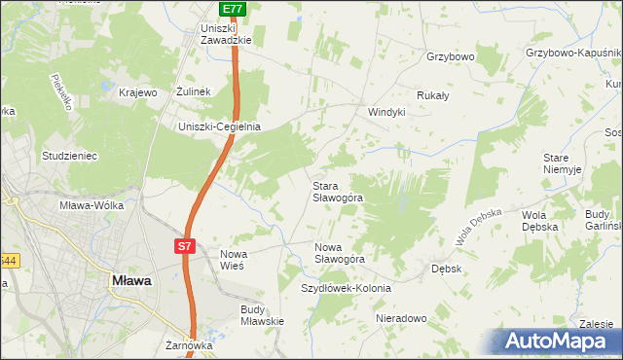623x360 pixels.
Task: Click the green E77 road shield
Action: tap(232, 9)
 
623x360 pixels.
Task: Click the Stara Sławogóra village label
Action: tap(337, 191)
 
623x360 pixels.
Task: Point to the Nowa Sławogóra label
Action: tap(339, 253)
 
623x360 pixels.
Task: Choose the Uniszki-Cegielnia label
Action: tap(219, 126)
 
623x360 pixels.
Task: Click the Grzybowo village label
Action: tap(450, 57)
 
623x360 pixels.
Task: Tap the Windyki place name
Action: tap(385, 112)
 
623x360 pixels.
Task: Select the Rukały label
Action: tap(432, 96)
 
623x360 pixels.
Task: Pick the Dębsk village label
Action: tap(445, 268)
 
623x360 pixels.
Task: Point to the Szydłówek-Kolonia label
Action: tap(346, 289)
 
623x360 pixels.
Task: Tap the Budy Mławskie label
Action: tap(261, 315)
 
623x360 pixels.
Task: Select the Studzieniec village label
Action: tap(68, 155)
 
